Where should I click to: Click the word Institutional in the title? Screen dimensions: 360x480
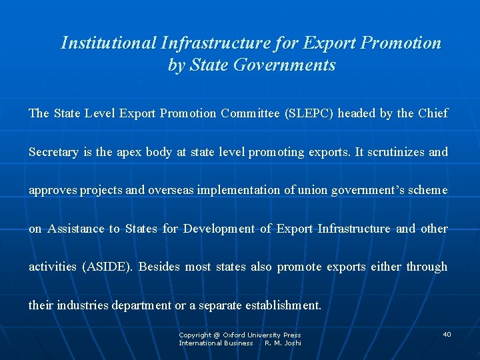point(109,43)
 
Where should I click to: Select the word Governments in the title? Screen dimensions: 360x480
point(294,66)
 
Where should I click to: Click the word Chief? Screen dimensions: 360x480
point(433,113)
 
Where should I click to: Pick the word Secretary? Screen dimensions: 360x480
point(53,152)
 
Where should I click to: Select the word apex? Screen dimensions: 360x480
point(129,152)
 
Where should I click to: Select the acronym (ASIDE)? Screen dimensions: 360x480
point(107,267)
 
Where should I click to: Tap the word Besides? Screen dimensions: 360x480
point(160,267)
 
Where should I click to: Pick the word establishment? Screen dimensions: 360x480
point(283,305)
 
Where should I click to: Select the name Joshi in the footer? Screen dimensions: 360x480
point(293,343)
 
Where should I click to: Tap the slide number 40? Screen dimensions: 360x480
point(447,334)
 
